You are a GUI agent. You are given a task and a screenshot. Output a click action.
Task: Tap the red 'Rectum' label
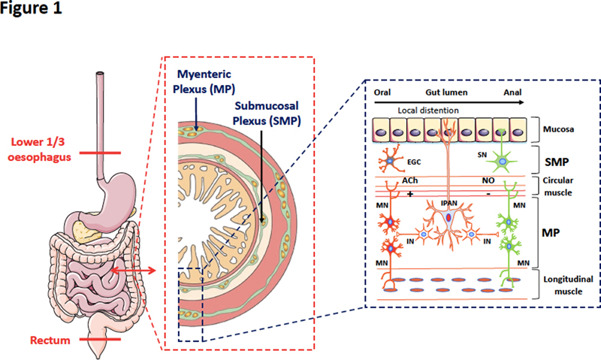pos(50,340)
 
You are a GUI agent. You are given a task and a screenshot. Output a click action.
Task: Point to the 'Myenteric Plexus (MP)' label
pos(204,81)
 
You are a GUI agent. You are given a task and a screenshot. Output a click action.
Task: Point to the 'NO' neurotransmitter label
pos(488,182)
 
